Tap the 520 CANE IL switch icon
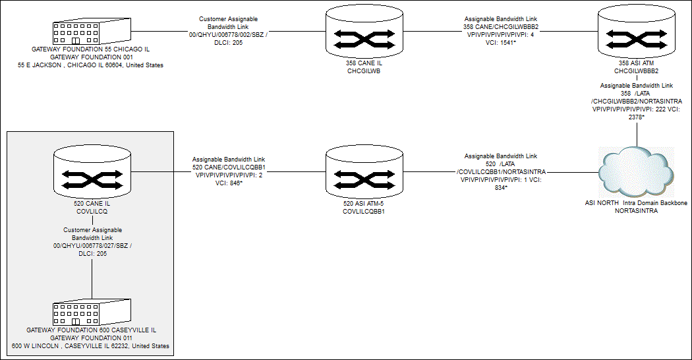pos(92,174)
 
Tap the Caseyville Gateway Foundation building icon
pos(91,313)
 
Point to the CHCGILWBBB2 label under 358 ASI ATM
pos(637,71)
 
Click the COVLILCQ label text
pos(92,212)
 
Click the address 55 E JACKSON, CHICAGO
pos(90,65)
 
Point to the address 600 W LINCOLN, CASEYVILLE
pos(90,345)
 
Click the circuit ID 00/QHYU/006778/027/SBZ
pos(92,245)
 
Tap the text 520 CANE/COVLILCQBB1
pos(228,167)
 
